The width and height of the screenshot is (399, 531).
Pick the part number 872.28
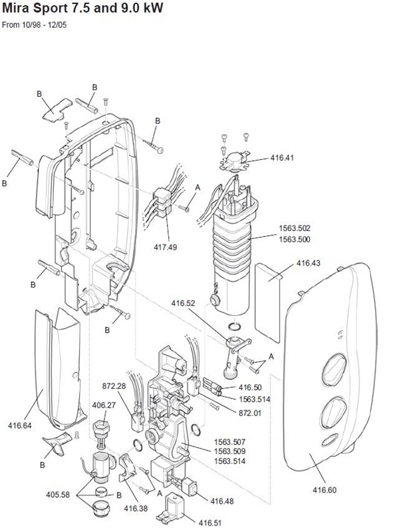[114, 386]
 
